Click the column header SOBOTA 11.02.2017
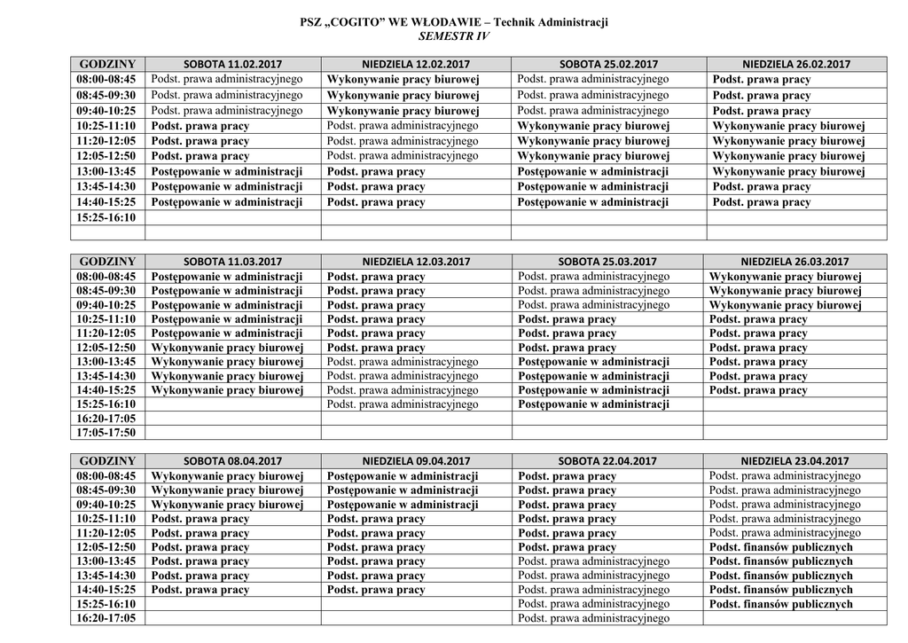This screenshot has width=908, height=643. pyautogui.click(x=232, y=64)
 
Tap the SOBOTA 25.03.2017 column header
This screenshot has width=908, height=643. pyautogui.click(x=607, y=262)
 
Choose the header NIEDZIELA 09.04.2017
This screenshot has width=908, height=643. pyautogui.click(x=416, y=461)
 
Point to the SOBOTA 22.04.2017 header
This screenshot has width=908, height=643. pyautogui.click(x=607, y=461)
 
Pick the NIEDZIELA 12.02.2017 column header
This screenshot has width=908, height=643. pyautogui.click(x=416, y=64)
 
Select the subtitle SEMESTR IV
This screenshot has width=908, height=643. pyautogui.click(x=453, y=35)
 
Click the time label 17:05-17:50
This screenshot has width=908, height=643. pyautogui.click(x=106, y=433)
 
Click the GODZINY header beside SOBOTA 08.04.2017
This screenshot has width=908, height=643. pyautogui.click(x=106, y=461)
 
